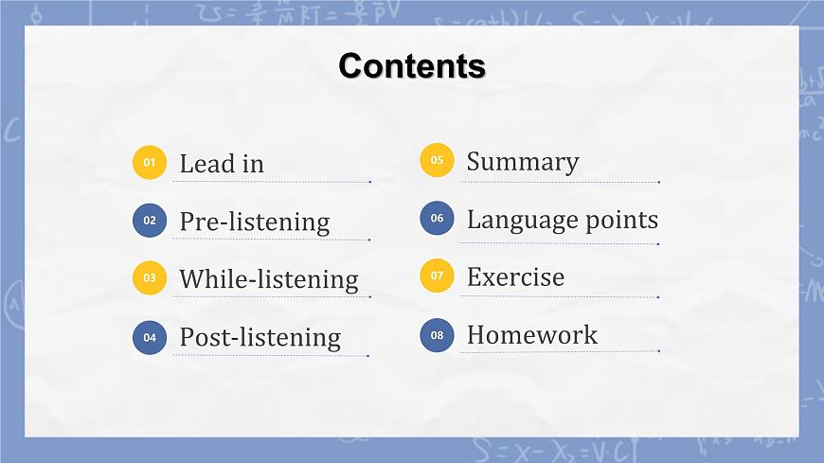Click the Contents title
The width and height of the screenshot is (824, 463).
412,66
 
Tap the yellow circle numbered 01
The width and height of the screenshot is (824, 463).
150,163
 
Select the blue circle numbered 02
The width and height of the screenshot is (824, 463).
150,221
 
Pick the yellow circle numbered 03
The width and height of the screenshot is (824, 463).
150,278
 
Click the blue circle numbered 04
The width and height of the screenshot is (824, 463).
150,336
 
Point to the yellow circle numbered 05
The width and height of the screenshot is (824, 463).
437,161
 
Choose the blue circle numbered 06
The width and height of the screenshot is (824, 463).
437,219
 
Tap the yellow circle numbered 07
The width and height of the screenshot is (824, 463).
437,276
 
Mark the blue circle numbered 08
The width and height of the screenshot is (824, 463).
437,334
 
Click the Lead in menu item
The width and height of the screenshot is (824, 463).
222,164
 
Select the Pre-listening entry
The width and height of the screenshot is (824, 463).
255,222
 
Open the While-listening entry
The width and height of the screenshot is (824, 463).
269,279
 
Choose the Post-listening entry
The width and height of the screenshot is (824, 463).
260,337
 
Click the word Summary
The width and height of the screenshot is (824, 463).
522,162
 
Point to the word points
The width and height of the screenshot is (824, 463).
620,221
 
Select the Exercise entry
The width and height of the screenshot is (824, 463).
515,277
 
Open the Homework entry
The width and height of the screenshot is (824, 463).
532,335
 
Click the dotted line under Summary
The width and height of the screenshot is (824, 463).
559,182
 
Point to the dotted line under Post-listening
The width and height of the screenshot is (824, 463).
271,356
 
